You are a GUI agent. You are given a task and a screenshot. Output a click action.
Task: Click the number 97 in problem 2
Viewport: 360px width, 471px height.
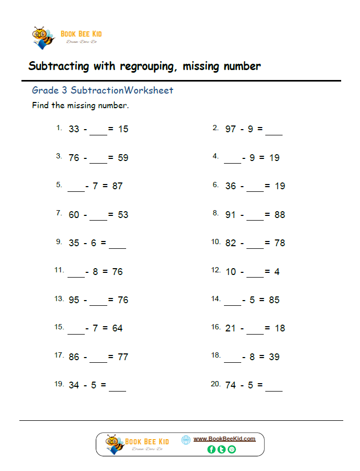[231, 129]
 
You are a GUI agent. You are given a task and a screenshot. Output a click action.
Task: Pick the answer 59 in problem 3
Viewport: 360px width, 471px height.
[123, 157]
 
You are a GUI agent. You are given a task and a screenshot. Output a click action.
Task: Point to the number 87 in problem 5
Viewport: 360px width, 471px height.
[117, 186]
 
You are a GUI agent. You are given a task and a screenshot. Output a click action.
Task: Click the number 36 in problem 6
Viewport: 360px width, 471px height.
[231, 186]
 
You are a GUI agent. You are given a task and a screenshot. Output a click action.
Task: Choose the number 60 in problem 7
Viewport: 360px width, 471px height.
[74, 214]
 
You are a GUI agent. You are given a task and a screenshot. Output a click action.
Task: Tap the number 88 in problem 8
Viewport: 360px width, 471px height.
[279, 214]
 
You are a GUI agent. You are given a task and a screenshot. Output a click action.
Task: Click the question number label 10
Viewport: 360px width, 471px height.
[216, 242]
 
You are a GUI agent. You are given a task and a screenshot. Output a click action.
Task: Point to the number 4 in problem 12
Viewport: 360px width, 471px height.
[277, 271]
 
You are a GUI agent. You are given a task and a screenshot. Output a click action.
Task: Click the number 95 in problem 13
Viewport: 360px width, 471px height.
[74, 300]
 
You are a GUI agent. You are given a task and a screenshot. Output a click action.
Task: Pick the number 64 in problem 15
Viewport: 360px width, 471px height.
[117, 328]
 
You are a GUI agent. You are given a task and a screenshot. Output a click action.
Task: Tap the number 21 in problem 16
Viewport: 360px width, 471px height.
[231, 328]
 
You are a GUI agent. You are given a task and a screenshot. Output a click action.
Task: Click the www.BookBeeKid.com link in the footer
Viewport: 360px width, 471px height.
[224, 439]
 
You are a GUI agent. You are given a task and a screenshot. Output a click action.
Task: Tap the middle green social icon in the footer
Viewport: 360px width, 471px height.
[221, 449]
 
